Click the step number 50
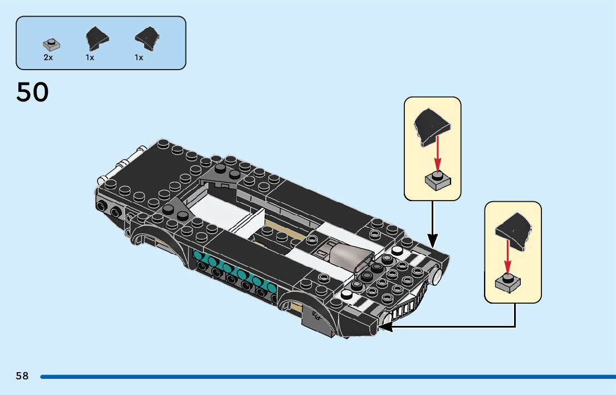tap(32, 92)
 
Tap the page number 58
tap(22, 376)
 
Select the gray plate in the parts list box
tap(51, 44)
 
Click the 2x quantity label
tap(48, 57)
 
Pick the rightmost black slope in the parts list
tap(148, 38)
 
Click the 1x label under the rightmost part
tap(139, 57)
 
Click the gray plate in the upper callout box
tap(437, 179)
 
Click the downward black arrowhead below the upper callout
tap(432, 241)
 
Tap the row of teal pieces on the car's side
tap(234, 271)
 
